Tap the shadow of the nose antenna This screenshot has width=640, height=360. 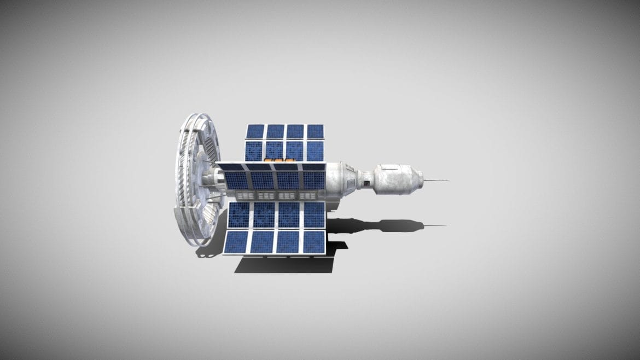[435, 226]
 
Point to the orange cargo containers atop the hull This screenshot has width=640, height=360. [276, 160]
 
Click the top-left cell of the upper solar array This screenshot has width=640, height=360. [255, 131]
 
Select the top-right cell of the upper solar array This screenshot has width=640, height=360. [315, 131]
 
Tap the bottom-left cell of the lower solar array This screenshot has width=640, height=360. [236, 242]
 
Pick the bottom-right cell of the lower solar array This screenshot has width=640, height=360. [314, 242]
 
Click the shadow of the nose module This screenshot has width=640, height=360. [397, 225]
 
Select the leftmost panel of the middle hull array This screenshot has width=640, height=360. [236, 179]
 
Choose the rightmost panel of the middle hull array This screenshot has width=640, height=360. [314, 179]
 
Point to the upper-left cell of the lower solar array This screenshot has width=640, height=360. [238, 215]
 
